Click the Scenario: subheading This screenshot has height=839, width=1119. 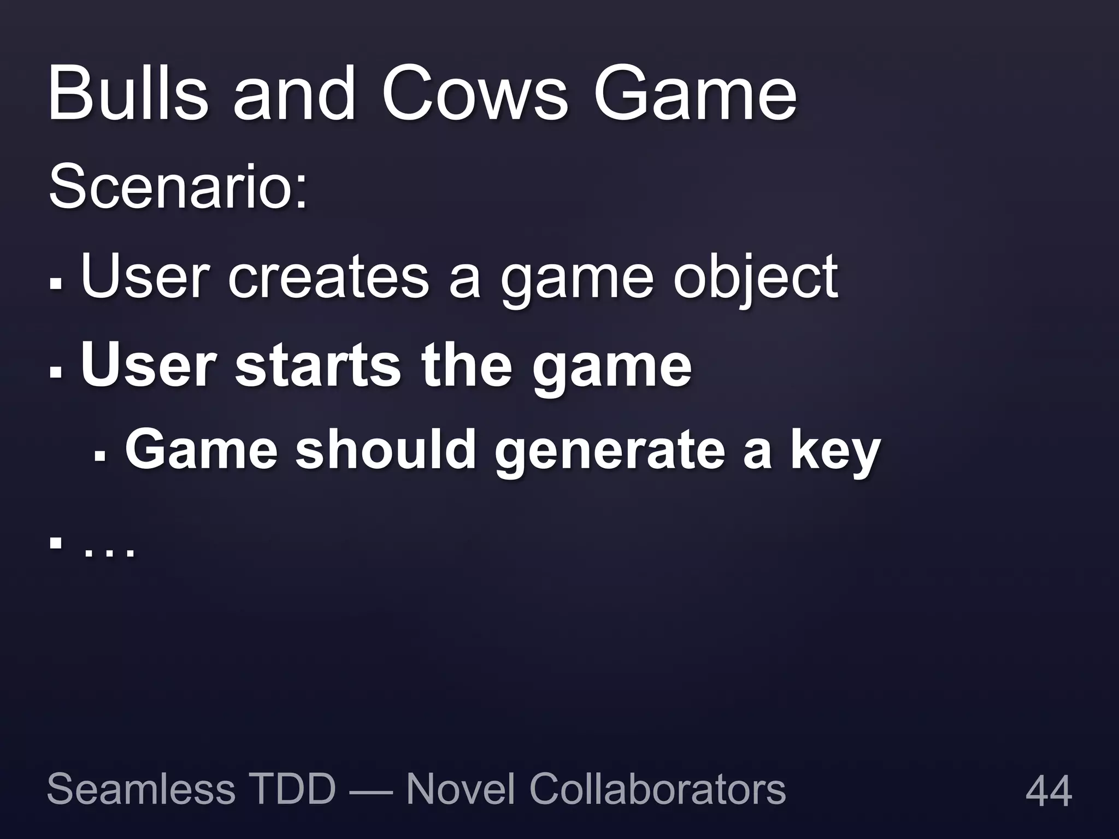pos(178,187)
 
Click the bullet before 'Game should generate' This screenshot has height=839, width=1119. pos(99,454)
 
